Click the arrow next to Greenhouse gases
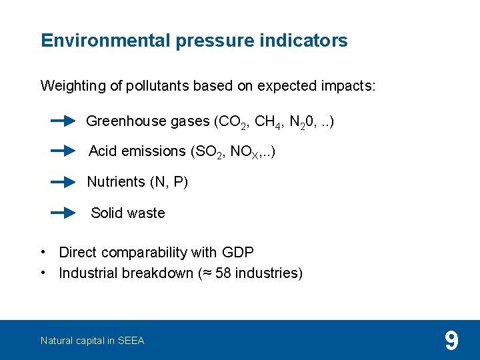coord(63,121)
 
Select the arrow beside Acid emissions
coord(63,151)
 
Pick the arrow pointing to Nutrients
coord(63,181)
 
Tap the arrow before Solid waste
coord(63,213)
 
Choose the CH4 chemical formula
coord(267,122)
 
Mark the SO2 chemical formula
coord(209,152)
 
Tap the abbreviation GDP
coord(238,253)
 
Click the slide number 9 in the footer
coord(451,341)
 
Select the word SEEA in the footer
coord(131,341)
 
